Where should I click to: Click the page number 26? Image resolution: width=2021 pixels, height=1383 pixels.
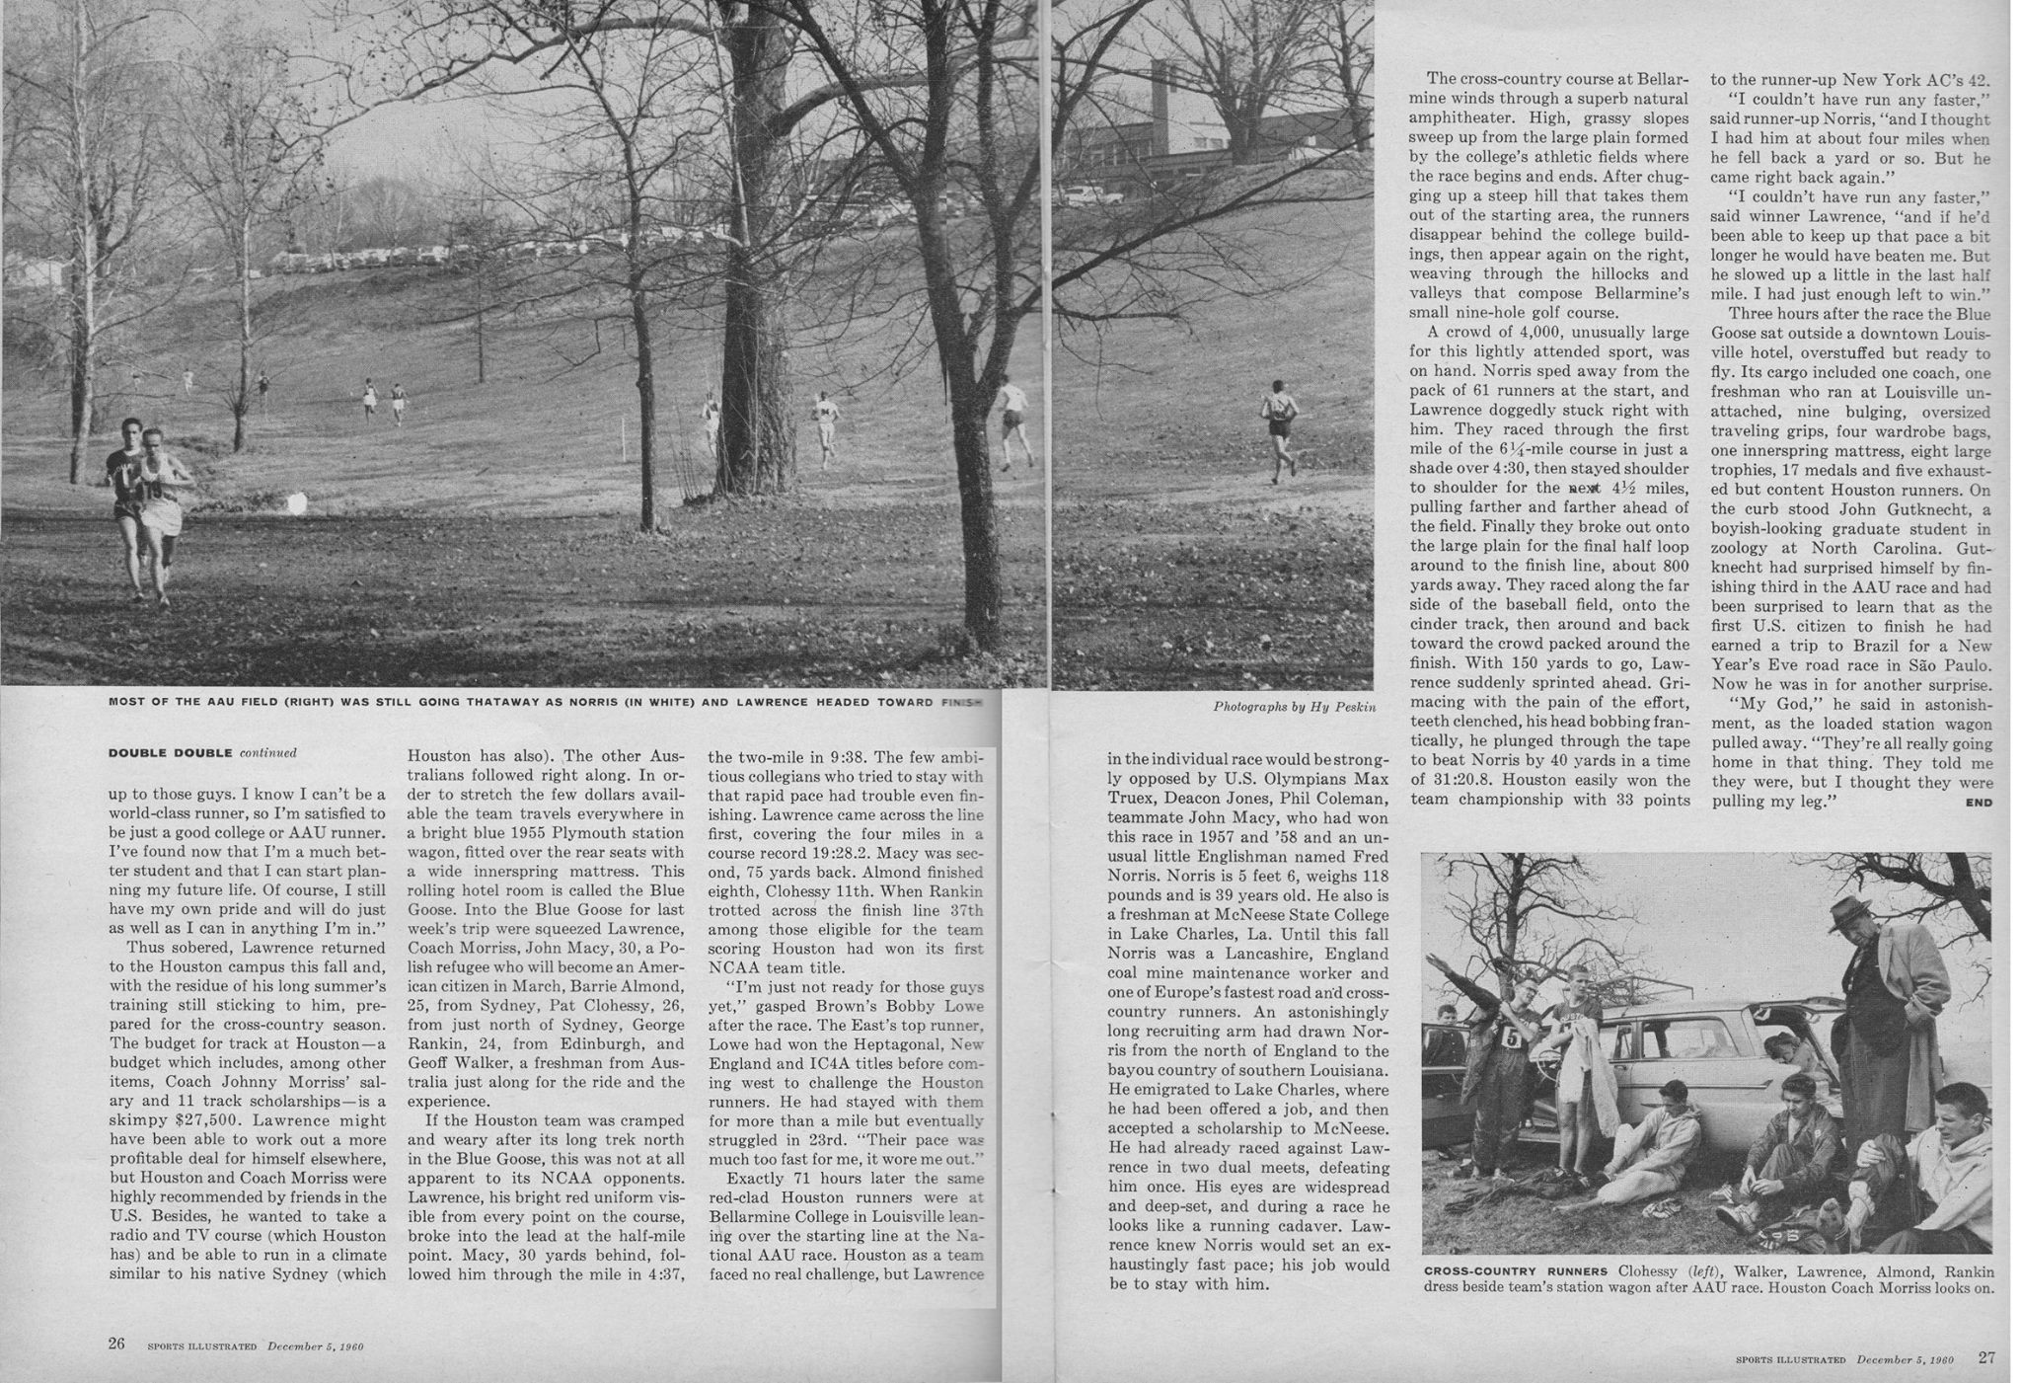[115, 1344]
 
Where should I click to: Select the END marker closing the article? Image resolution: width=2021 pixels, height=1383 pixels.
[1978, 803]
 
